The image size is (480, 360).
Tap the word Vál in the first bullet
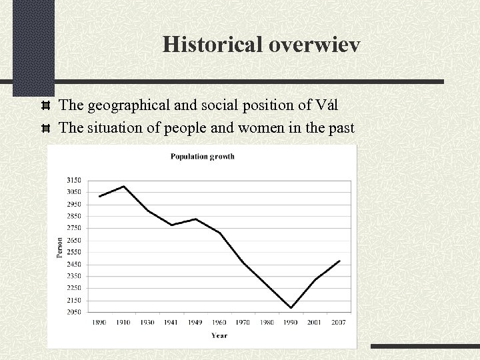click(x=326, y=105)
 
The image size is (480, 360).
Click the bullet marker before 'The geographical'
click(x=45, y=105)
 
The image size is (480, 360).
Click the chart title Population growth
click(x=202, y=157)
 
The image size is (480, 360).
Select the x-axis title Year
click(x=219, y=335)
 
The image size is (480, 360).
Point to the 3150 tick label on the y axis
click(x=75, y=180)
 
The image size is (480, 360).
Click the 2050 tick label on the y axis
click(x=75, y=312)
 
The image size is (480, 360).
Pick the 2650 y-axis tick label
click(x=75, y=240)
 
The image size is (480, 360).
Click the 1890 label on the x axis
click(x=99, y=323)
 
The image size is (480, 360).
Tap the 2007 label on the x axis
click(x=339, y=323)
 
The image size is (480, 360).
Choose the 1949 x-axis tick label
click(x=195, y=323)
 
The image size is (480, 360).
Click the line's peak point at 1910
click(x=123, y=186)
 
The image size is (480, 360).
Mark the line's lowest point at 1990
click(x=291, y=308)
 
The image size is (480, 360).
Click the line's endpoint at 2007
click(x=339, y=261)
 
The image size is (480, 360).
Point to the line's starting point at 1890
click(x=99, y=196)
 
